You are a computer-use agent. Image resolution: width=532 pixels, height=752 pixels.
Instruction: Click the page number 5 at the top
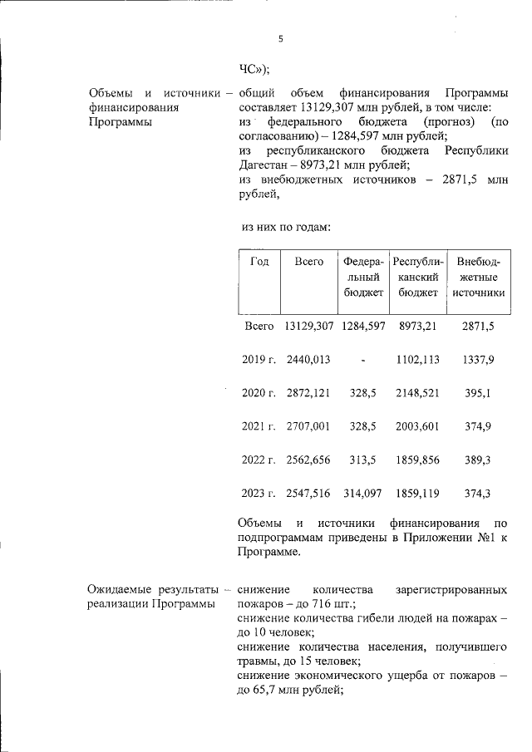click(280, 39)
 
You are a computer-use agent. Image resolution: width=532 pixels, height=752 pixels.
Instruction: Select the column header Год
click(259, 262)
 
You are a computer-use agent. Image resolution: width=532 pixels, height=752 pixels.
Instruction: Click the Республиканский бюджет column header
click(418, 278)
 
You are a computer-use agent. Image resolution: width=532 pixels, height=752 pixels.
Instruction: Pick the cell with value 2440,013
click(308, 360)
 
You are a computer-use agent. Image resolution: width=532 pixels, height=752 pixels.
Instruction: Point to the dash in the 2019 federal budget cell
click(363, 360)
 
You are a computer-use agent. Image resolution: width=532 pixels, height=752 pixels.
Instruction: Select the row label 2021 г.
click(259, 426)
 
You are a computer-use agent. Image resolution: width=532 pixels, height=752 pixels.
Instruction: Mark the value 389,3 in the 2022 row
click(479, 460)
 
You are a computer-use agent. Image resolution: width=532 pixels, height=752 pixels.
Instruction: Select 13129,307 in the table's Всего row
click(308, 327)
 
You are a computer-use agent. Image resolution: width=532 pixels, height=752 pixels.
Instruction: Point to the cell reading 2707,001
click(308, 426)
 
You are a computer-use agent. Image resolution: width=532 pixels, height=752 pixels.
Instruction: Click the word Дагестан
click(265, 165)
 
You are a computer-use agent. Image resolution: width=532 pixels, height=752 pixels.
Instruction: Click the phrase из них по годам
click(287, 226)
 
